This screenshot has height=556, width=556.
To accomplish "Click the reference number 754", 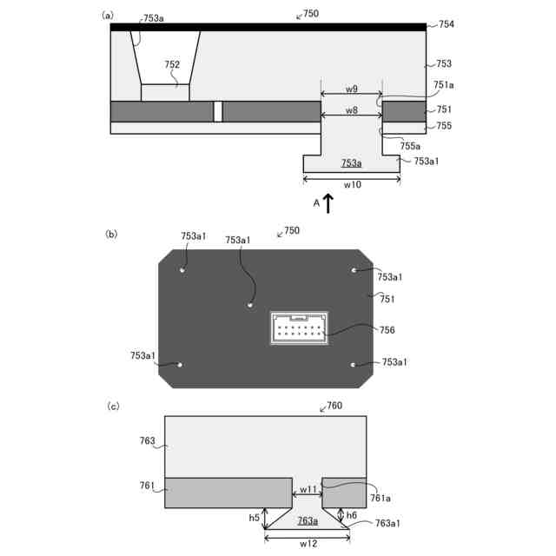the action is click(x=446, y=24).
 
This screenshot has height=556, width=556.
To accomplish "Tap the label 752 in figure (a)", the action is click(x=172, y=64).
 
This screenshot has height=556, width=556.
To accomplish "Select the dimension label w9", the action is click(x=351, y=89).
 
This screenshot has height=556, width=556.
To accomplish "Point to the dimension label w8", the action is click(x=351, y=110).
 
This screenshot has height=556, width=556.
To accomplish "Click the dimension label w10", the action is click(x=352, y=184).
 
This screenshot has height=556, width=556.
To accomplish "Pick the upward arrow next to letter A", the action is click(x=328, y=203).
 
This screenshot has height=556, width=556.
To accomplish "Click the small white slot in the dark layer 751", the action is click(x=218, y=112).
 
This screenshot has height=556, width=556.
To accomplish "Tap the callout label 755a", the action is click(x=410, y=146).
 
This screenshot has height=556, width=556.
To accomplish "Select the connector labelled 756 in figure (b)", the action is click(x=299, y=328).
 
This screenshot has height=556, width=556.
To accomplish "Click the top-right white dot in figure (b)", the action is click(x=354, y=270).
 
